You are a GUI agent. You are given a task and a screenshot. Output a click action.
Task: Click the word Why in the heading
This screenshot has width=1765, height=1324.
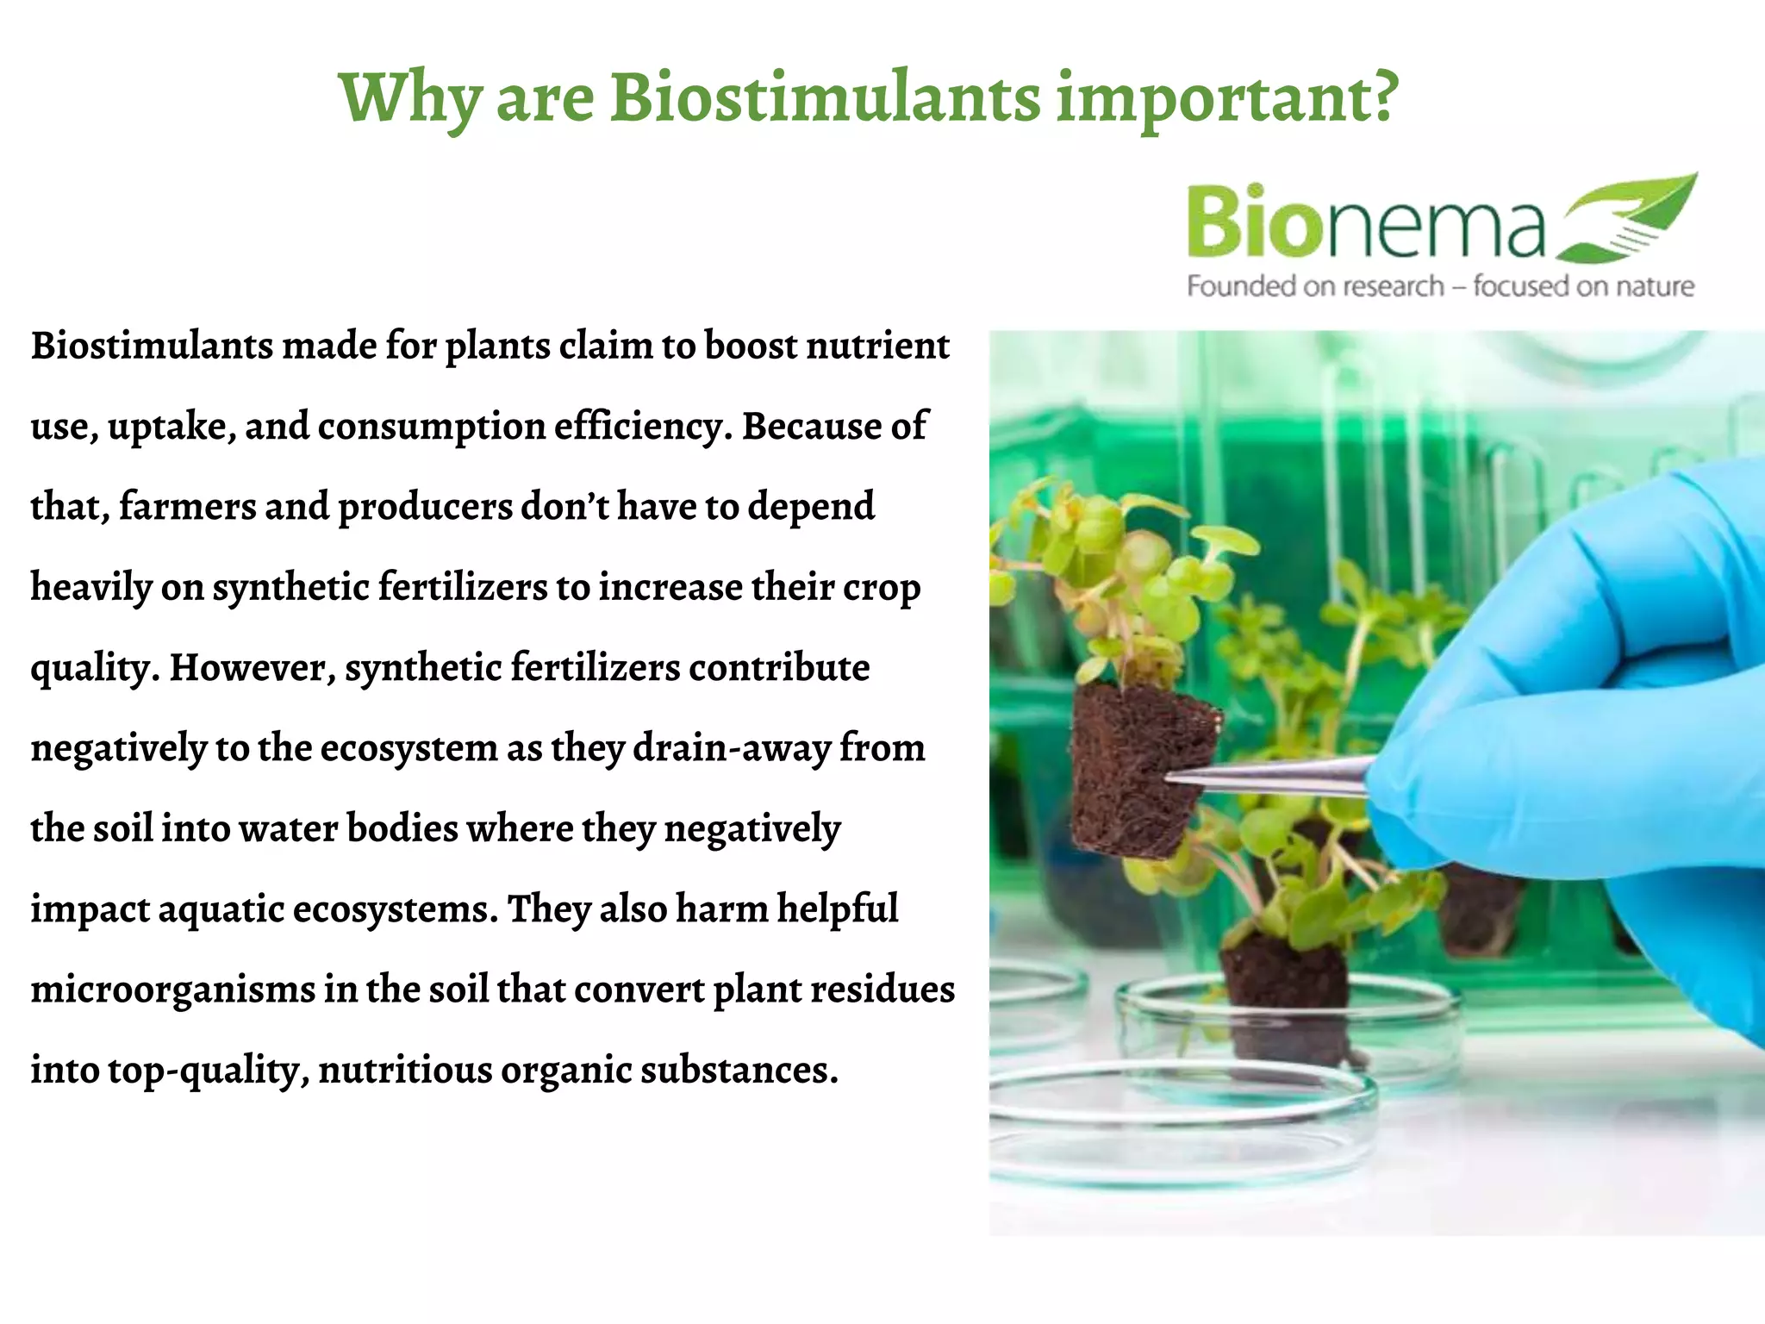[409, 99]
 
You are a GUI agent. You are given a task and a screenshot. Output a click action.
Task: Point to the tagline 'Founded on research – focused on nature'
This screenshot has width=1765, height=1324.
[1440, 286]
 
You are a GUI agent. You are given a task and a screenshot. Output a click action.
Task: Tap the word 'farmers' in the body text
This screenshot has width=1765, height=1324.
[188, 506]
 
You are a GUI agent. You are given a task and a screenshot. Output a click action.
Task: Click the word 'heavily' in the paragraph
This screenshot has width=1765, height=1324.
[91, 588]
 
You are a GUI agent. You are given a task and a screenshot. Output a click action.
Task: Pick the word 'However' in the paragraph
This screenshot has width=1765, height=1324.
[248, 667]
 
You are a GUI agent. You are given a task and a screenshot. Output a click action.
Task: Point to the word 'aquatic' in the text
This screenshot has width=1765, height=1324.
[221, 909]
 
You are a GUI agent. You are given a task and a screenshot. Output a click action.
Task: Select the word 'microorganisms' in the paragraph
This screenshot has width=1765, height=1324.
[173, 990]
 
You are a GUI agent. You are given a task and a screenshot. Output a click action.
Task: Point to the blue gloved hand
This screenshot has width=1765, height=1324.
[1577, 690]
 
